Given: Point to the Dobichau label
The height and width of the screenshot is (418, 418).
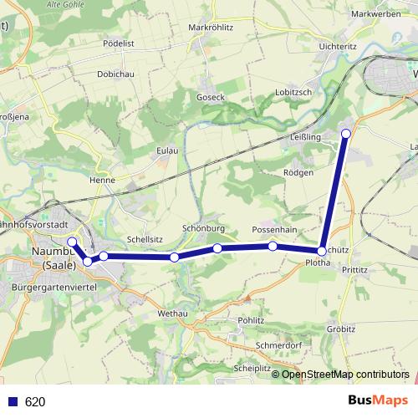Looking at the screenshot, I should pyautogui.click(x=116, y=74).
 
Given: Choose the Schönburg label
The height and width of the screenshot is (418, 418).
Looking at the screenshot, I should pyautogui.click(x=204, y=228).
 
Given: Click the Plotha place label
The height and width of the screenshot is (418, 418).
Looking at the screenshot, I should pyautogui.click(x=319, y=263).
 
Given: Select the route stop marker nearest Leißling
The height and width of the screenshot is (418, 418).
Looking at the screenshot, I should pyautogui.click(x=346, y=132).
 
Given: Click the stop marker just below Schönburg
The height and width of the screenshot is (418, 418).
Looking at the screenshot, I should pyautogui.click(x=217, y=248).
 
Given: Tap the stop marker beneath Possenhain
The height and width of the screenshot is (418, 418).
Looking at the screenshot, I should pyautogui.click(x=273, y=246).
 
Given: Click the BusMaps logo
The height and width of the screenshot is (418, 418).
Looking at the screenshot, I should pyautogui.click(x=380, y=401).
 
